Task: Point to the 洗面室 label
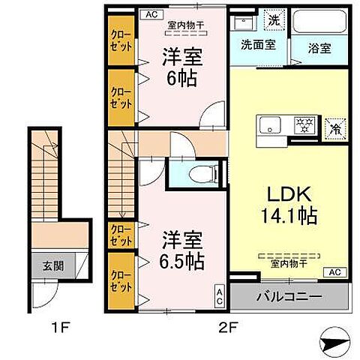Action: click(257, 43)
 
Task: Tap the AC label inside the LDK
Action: click(334, 271)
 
